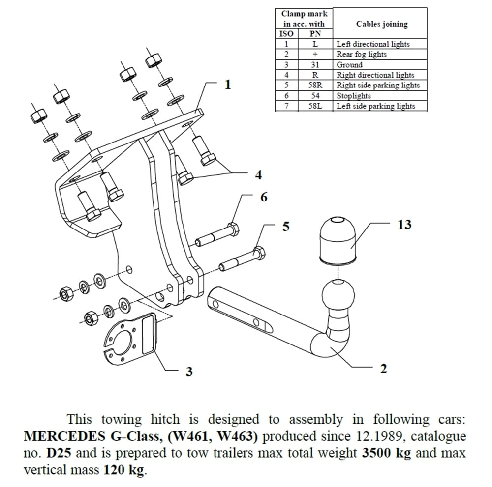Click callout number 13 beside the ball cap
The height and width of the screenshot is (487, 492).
[x=404, y=225]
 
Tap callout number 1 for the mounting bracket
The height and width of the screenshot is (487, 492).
[x=227, y=85]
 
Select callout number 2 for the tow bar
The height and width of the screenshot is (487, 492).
[x=383, y=368]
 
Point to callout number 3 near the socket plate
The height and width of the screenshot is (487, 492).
[x=189, y=372]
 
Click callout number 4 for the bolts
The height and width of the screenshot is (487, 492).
[x=258, y=174]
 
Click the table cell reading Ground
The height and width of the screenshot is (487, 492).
[x=349, y=65]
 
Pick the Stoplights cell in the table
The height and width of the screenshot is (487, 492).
[x=353, y=96]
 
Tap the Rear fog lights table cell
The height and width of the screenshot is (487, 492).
[x=361, y=55]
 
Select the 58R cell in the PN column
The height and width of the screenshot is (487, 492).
[x=315, y=86]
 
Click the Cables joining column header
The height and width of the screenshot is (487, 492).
[x=381, y=24]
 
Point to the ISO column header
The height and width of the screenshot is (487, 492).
[x=286, y=34]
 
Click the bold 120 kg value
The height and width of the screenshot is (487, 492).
[x=124, y=469]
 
